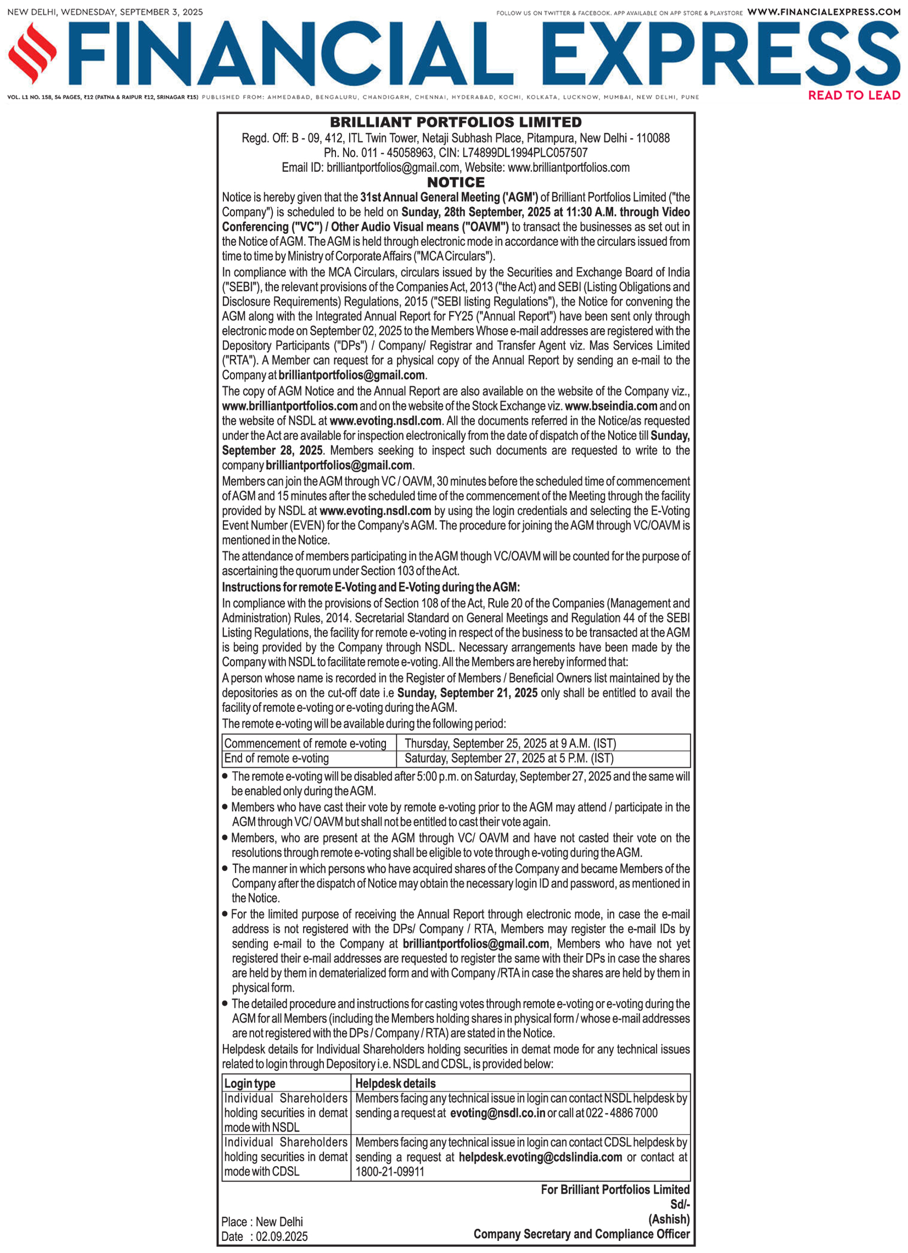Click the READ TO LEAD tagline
854,95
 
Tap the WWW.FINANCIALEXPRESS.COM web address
823,12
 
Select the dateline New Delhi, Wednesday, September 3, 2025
105,12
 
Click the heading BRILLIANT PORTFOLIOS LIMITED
456,122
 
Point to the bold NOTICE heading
456,182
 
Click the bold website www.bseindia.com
610,406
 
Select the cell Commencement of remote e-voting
305,744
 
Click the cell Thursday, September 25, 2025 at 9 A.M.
510,744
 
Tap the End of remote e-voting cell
276,758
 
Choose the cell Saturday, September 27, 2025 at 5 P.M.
509,758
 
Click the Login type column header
250,1083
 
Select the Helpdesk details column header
395,1083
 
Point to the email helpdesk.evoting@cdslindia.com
540,1158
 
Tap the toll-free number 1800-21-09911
390,1172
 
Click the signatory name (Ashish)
669,1220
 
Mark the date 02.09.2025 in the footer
281,1237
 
